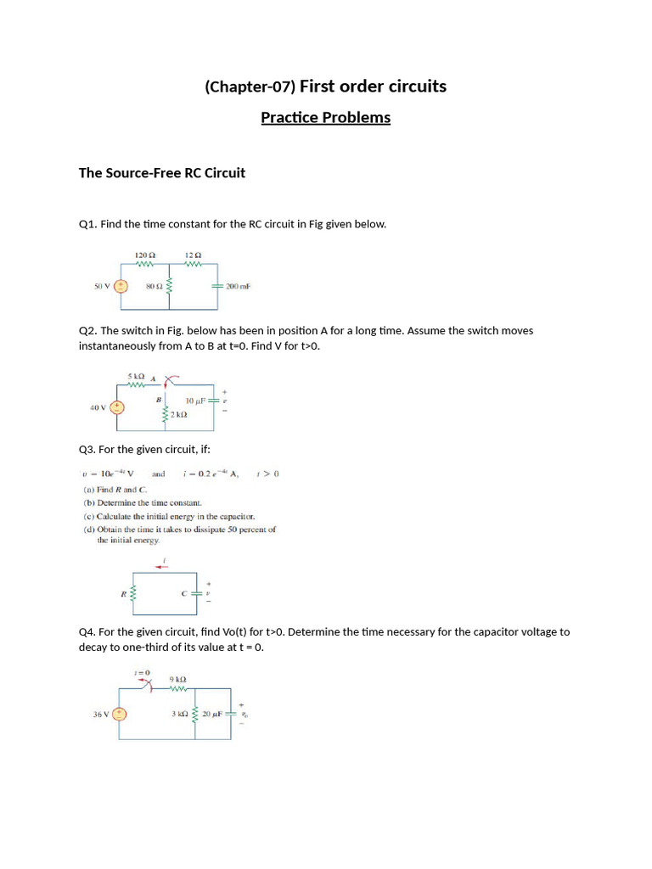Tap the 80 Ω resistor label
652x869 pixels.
pos(154,287)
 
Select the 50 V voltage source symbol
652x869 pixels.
pos(121,287)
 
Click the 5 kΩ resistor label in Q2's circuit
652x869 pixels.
pos(137,375)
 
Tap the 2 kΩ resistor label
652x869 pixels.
pos(179,414)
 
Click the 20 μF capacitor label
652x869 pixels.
pos(211,714)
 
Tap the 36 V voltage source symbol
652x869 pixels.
pos(120,715)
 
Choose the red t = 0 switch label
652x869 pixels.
pos(142,673)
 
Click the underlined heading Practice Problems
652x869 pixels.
pos(325,117)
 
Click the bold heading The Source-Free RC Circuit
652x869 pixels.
pos(162,173)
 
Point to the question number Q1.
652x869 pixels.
pos(87,224)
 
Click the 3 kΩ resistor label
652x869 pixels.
pos(179,714)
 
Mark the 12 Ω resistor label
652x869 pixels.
pos(194,255)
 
